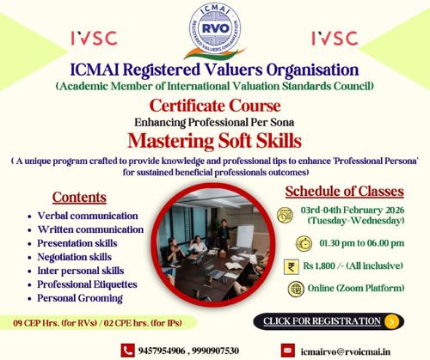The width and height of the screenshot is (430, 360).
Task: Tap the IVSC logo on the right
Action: pyautogui.click(x=335, y=39)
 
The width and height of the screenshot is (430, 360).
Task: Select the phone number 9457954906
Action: pyautogui.click(x=167, y=351)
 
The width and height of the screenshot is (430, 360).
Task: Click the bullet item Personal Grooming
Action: pyautogui.click(x=80, y=298)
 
